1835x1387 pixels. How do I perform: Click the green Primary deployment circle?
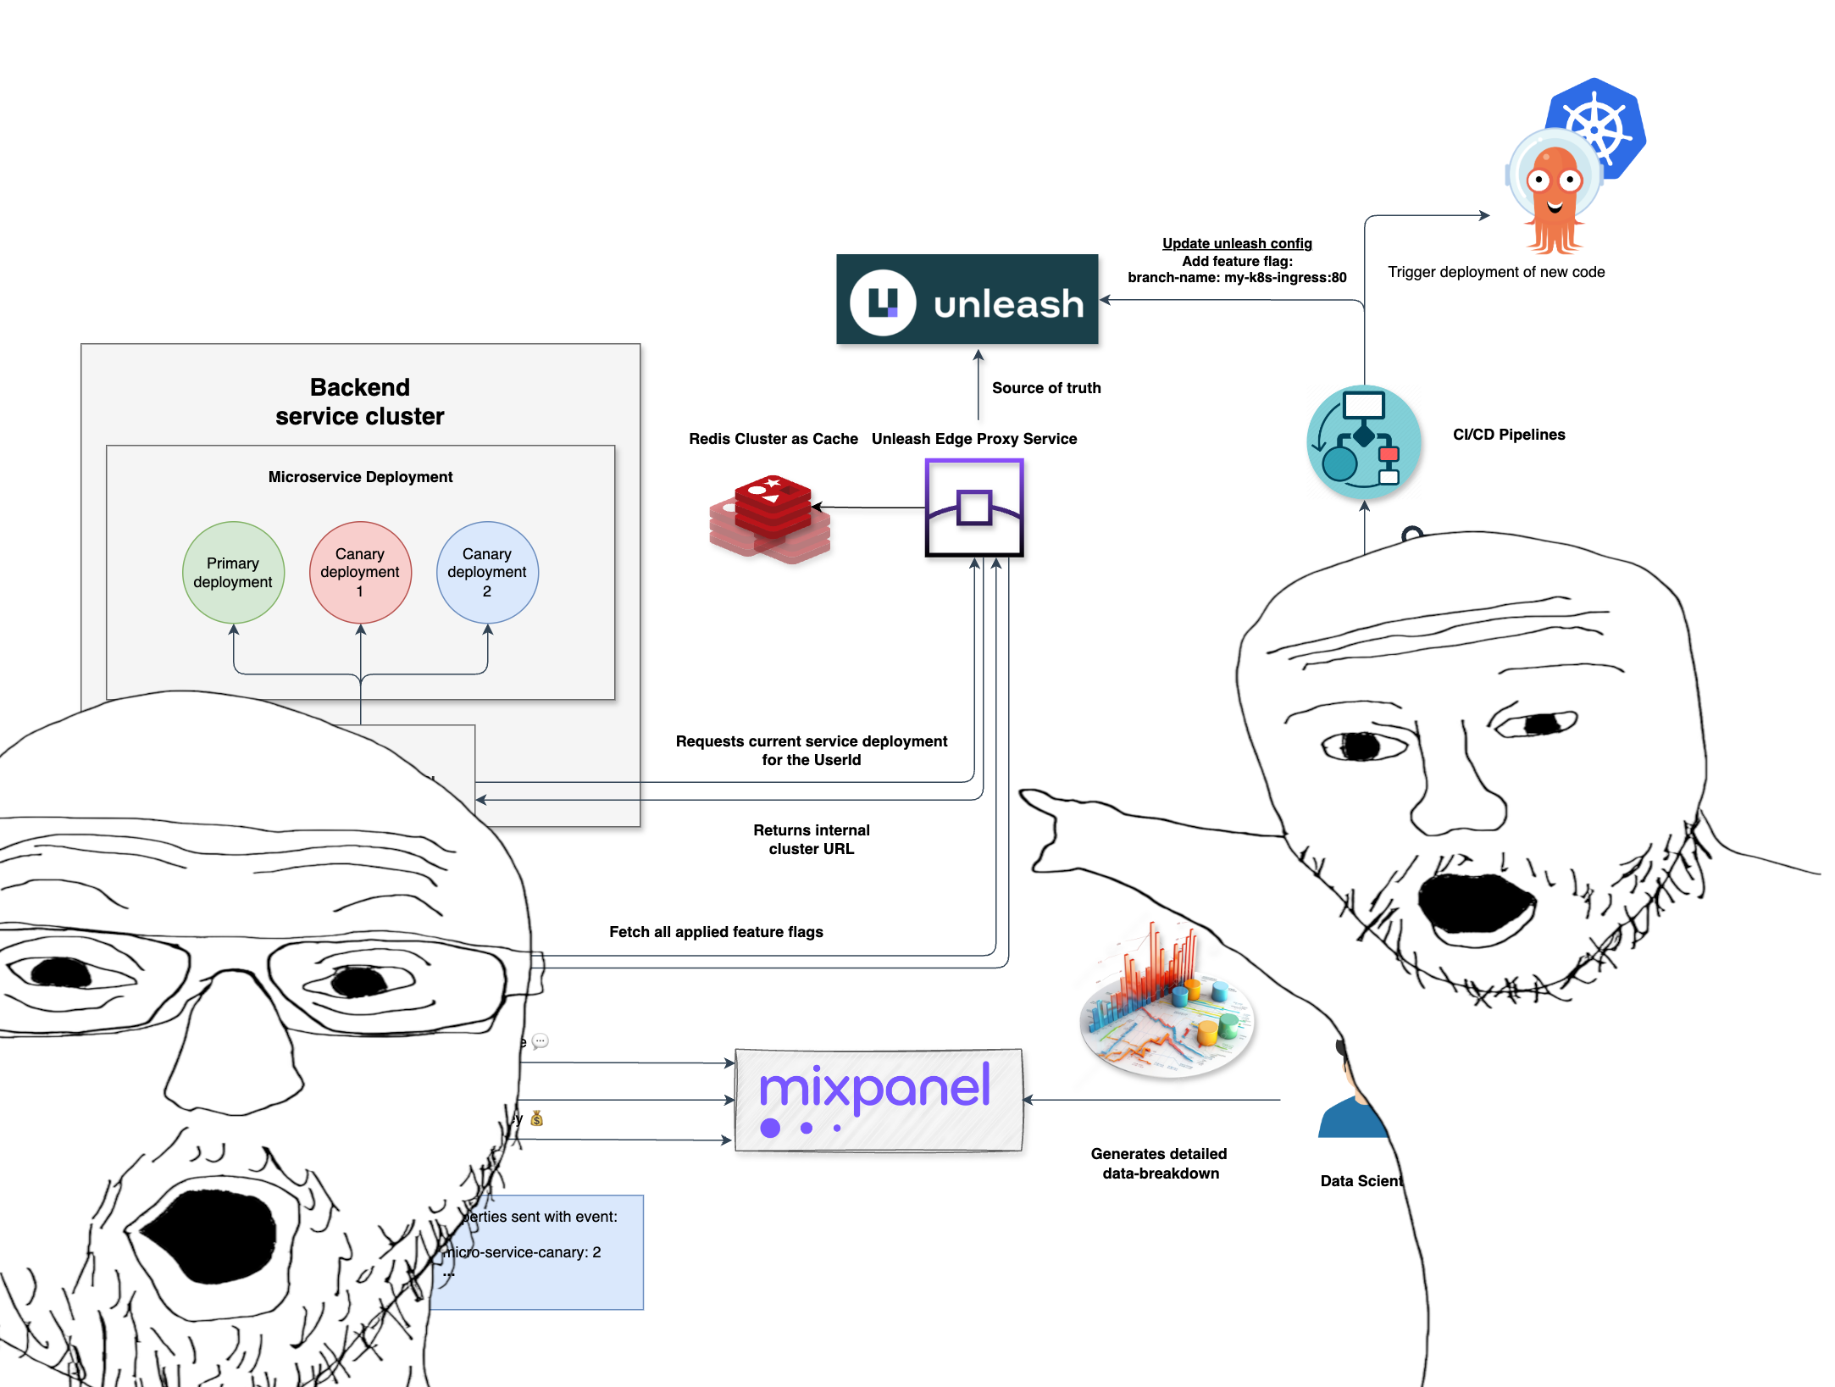233,573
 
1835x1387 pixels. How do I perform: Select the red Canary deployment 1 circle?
360,573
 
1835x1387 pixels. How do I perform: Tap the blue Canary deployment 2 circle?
487,573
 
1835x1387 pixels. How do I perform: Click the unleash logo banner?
967,300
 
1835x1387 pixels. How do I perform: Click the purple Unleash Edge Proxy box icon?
974,508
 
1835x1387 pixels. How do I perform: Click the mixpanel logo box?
879,1100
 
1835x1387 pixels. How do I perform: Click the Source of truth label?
1046,388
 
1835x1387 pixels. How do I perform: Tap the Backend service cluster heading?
359,402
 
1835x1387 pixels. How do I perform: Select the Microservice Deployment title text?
360,477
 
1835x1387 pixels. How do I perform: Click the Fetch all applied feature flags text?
716,932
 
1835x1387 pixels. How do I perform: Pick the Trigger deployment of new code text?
1496,272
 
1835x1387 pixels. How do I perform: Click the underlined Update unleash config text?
1237,243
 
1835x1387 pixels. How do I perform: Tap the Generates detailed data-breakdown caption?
1160,1163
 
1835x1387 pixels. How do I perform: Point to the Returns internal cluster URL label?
811,840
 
